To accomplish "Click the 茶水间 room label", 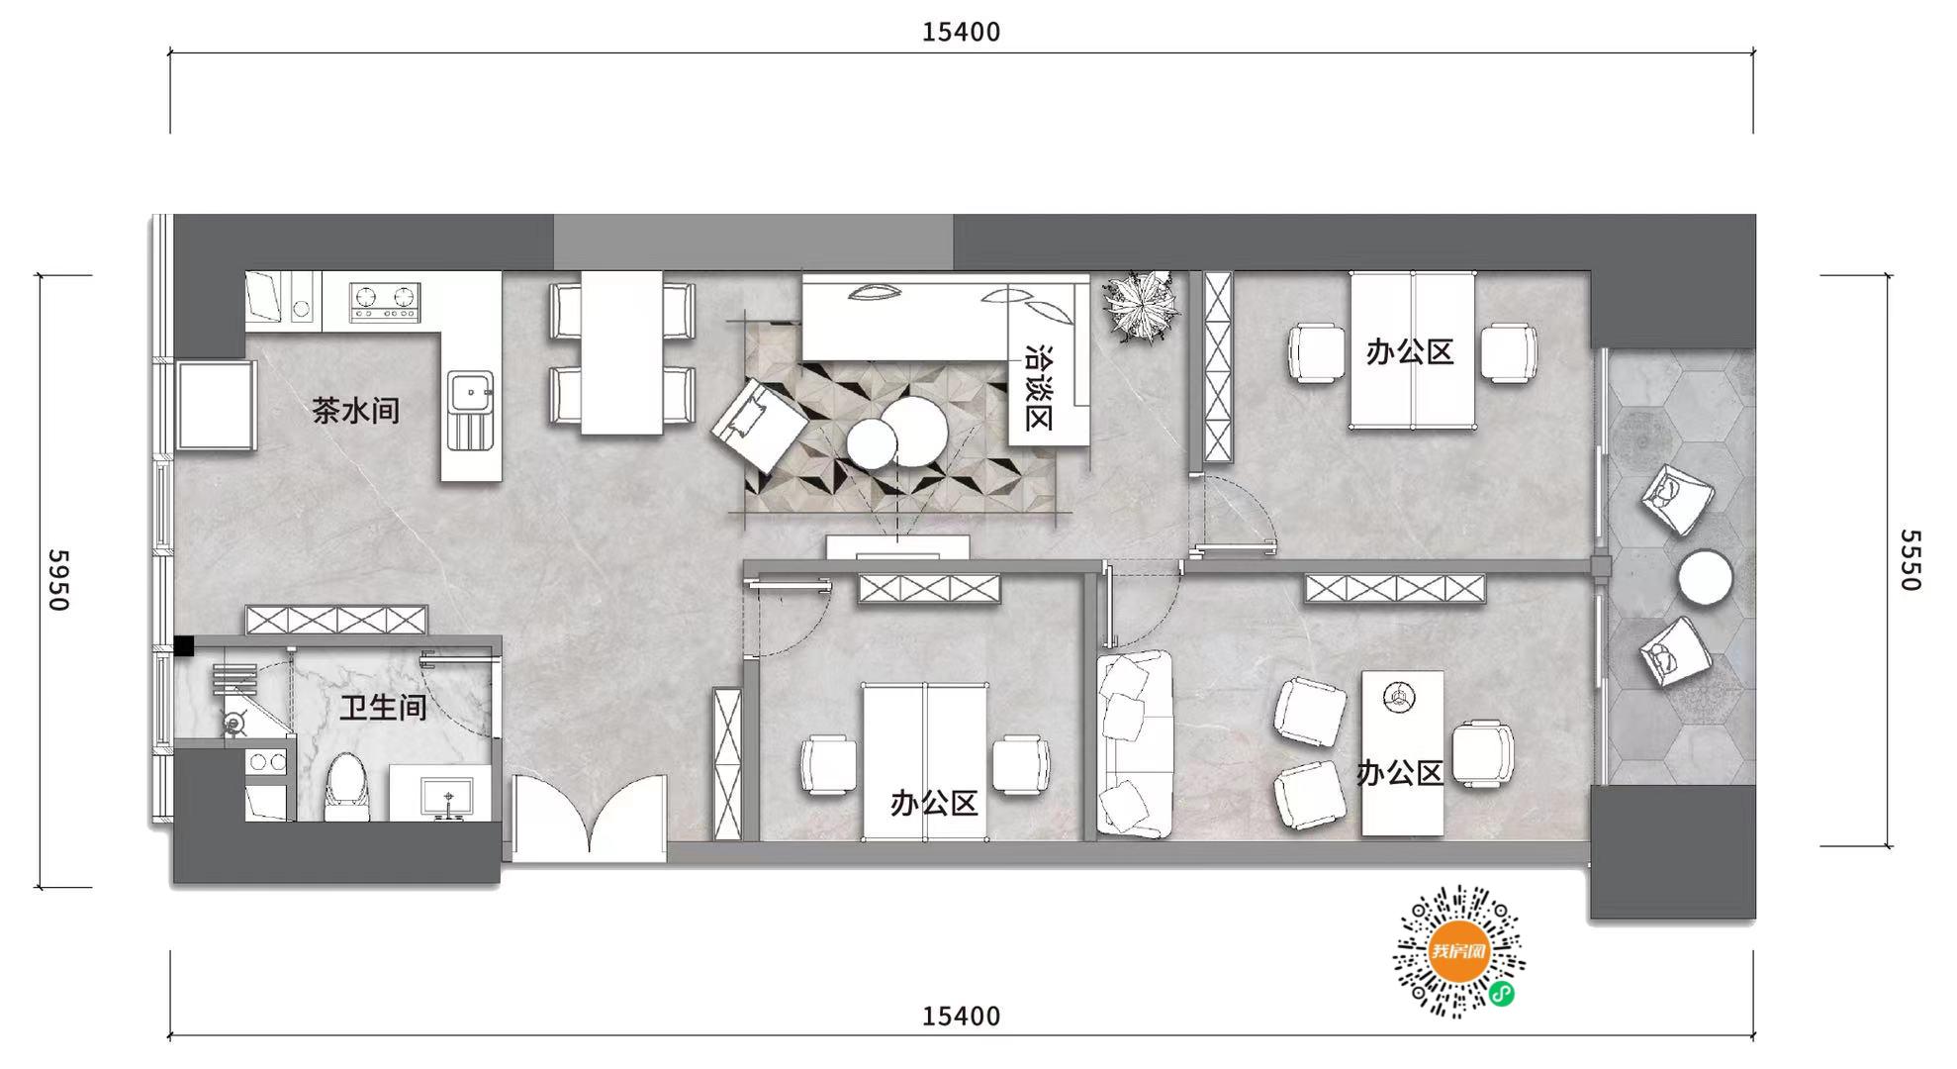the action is coord(356,410).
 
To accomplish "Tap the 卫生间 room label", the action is coord(384,707).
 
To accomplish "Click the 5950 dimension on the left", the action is coord(58,580).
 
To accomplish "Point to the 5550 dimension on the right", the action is coord(1910,560).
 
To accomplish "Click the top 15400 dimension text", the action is coord(961,33).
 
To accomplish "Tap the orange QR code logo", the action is coord(1458,951).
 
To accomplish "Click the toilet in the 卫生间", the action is coord(346,787).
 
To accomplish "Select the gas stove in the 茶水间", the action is coord(386,301).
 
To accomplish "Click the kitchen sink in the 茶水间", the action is coord(471,410).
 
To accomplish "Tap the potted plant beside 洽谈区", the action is coord(1141,306).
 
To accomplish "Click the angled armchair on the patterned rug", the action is coord(759,428).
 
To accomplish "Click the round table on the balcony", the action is coord(1705,577).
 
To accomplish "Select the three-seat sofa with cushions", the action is coord(1135,744).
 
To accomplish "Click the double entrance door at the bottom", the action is coord(590,817).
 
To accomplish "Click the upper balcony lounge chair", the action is coord(1677,500).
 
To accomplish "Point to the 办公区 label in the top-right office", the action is coord(1410,351).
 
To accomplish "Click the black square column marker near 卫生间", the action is coord(184,645).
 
